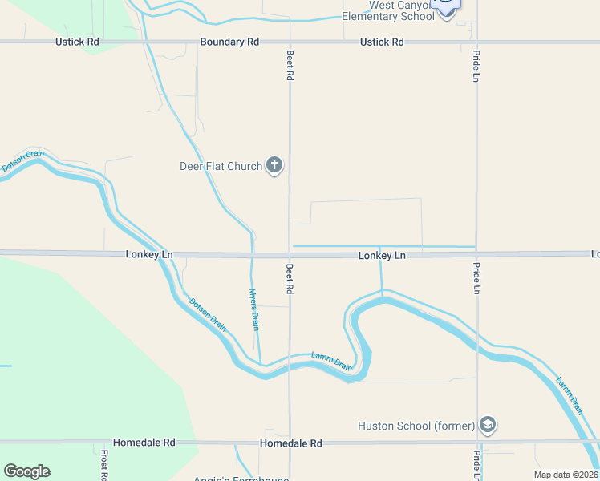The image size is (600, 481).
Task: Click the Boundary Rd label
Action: (229, 42)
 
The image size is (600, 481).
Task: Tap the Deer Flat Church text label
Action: (221, 167)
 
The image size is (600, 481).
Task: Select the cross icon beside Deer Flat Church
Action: (274, 166)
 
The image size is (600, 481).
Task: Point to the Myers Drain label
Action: (254, 309)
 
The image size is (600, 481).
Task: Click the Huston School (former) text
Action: (416, 426)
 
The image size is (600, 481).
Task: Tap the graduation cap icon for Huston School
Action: (487, 424)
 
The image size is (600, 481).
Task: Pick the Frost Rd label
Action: (104, 464)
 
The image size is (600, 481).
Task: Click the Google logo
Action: (26, 471)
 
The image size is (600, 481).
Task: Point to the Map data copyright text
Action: (566, 475)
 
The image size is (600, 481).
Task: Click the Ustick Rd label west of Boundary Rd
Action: (77, 42)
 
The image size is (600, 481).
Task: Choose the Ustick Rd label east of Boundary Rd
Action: (382, 42)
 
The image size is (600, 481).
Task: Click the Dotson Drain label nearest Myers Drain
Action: (207, 315)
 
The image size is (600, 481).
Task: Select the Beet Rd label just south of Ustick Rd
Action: (290, 64)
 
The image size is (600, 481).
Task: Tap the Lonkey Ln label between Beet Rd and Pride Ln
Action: (382, 256)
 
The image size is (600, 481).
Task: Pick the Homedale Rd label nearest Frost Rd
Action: (144, 443)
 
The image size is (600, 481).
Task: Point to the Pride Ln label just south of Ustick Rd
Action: (476, 68)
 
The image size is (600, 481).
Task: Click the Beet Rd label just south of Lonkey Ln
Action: (290, 277)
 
